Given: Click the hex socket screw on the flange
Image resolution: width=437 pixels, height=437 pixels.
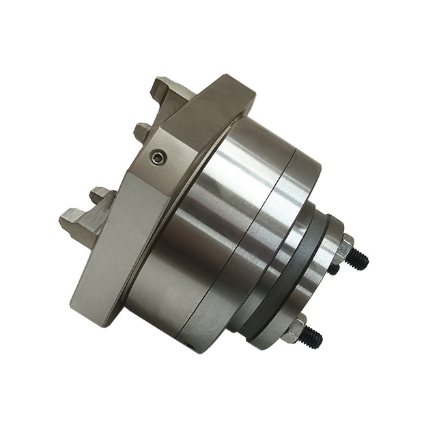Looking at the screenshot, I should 158,158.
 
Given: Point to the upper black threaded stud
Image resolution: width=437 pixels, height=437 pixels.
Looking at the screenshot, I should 358,259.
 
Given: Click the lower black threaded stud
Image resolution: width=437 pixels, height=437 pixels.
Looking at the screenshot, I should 311,335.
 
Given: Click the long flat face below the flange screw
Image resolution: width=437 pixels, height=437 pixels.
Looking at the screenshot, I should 109,246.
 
